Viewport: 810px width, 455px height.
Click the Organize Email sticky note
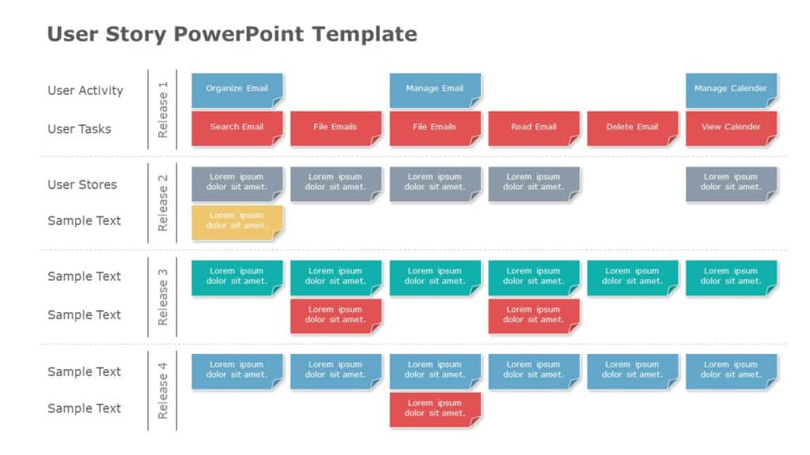pos(237,89)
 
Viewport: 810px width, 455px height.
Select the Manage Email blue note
pos(435,89)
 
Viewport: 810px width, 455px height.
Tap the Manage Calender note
pos(731,89)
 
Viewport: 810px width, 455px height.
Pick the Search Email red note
pos(237,127)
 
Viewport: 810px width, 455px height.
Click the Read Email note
pos(534,127)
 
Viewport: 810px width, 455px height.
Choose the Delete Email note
pos(632,127)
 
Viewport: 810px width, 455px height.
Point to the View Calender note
pos(731,127)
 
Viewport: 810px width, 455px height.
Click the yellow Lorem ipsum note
pos(237,221)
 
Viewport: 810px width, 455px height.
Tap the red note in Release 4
pos(435,409)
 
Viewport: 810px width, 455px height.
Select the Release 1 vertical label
pos(163,110)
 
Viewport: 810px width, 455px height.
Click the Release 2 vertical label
pos(163,203)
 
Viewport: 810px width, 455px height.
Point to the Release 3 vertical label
pos(163,297)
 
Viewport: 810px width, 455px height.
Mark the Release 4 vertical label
pos(163,390)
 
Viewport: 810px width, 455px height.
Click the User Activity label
pos(85,90)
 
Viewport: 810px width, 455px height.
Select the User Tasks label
pos(79,129)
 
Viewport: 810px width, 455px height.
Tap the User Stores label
pos(82,185)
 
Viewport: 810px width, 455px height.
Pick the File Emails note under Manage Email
pos(435,127)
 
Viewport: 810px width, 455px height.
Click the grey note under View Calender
pos(731,183)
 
